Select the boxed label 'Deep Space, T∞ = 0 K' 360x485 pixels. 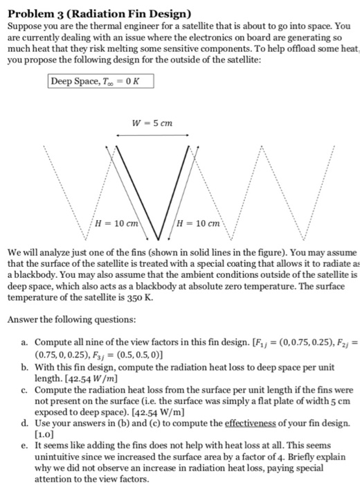click(x=100, y=81)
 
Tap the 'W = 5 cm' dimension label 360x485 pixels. click(x=152, y=124)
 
